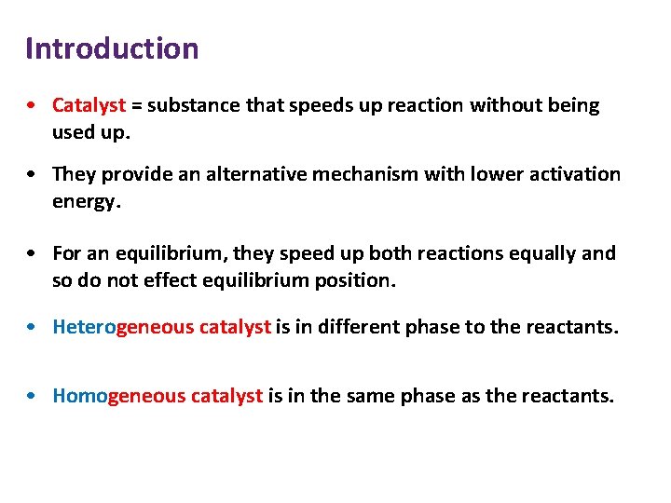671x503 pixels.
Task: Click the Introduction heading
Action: (x=112, y=48)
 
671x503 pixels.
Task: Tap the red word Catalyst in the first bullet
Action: (x=89, y=105)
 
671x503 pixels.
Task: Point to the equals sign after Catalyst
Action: (x=136, y=105)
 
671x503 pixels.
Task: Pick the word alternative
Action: (x=253, y=174)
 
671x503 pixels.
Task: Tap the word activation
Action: (x=574, y=174)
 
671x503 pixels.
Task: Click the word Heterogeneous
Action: (x=124, y=327)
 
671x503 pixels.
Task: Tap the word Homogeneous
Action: (x=119, y=396)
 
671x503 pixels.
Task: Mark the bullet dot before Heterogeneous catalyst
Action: (x=33, y=328)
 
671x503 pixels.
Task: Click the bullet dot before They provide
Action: (x=33, y=175)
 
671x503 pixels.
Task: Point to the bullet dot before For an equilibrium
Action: (x=33, y=254)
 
